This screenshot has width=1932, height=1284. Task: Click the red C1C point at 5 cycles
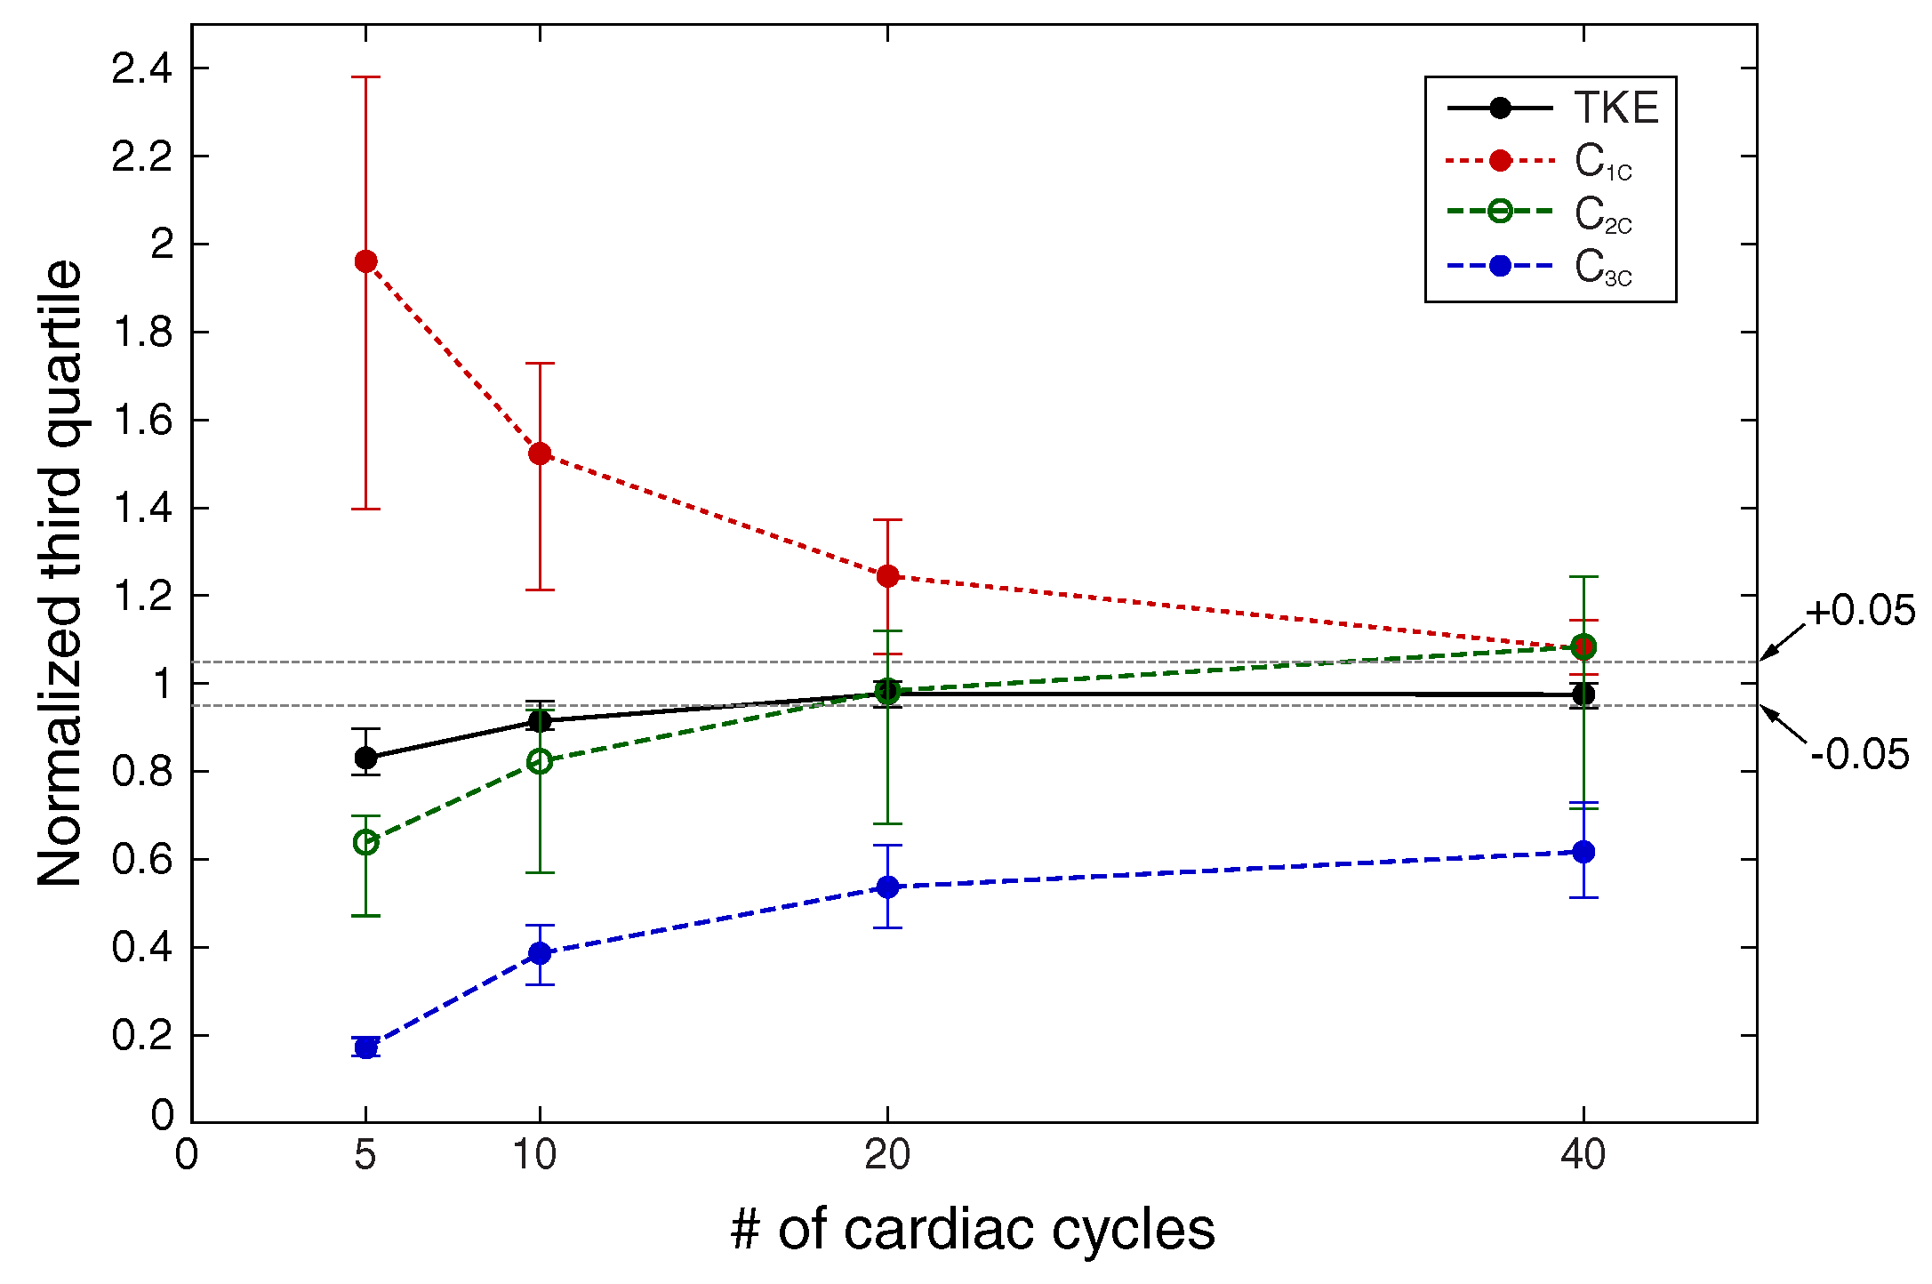365,261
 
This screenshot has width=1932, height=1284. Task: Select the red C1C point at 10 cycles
540,453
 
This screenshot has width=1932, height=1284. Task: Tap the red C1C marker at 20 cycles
887,576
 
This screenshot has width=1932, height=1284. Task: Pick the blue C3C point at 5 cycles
365,1047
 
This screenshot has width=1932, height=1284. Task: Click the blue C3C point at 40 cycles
1583,852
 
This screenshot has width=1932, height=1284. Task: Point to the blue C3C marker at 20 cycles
887,887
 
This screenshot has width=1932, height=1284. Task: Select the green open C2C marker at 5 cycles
365,842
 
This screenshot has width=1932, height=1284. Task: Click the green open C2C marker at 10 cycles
540,761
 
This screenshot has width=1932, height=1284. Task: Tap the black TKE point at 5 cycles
365,758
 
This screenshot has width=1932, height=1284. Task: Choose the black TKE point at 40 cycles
1583,694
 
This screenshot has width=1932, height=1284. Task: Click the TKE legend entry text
1616,108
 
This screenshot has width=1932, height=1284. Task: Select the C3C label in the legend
1603,267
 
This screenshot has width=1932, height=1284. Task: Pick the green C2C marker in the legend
1500,212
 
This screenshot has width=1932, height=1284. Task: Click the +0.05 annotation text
1859,612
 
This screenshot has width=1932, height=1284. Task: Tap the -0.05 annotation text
1860,755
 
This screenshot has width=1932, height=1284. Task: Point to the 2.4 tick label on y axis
142,68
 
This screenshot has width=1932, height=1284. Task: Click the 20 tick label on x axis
887,1155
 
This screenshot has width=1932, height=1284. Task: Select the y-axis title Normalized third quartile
60,574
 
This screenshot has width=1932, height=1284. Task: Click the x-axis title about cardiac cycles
973,1231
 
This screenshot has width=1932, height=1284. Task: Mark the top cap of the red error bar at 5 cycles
365,77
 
